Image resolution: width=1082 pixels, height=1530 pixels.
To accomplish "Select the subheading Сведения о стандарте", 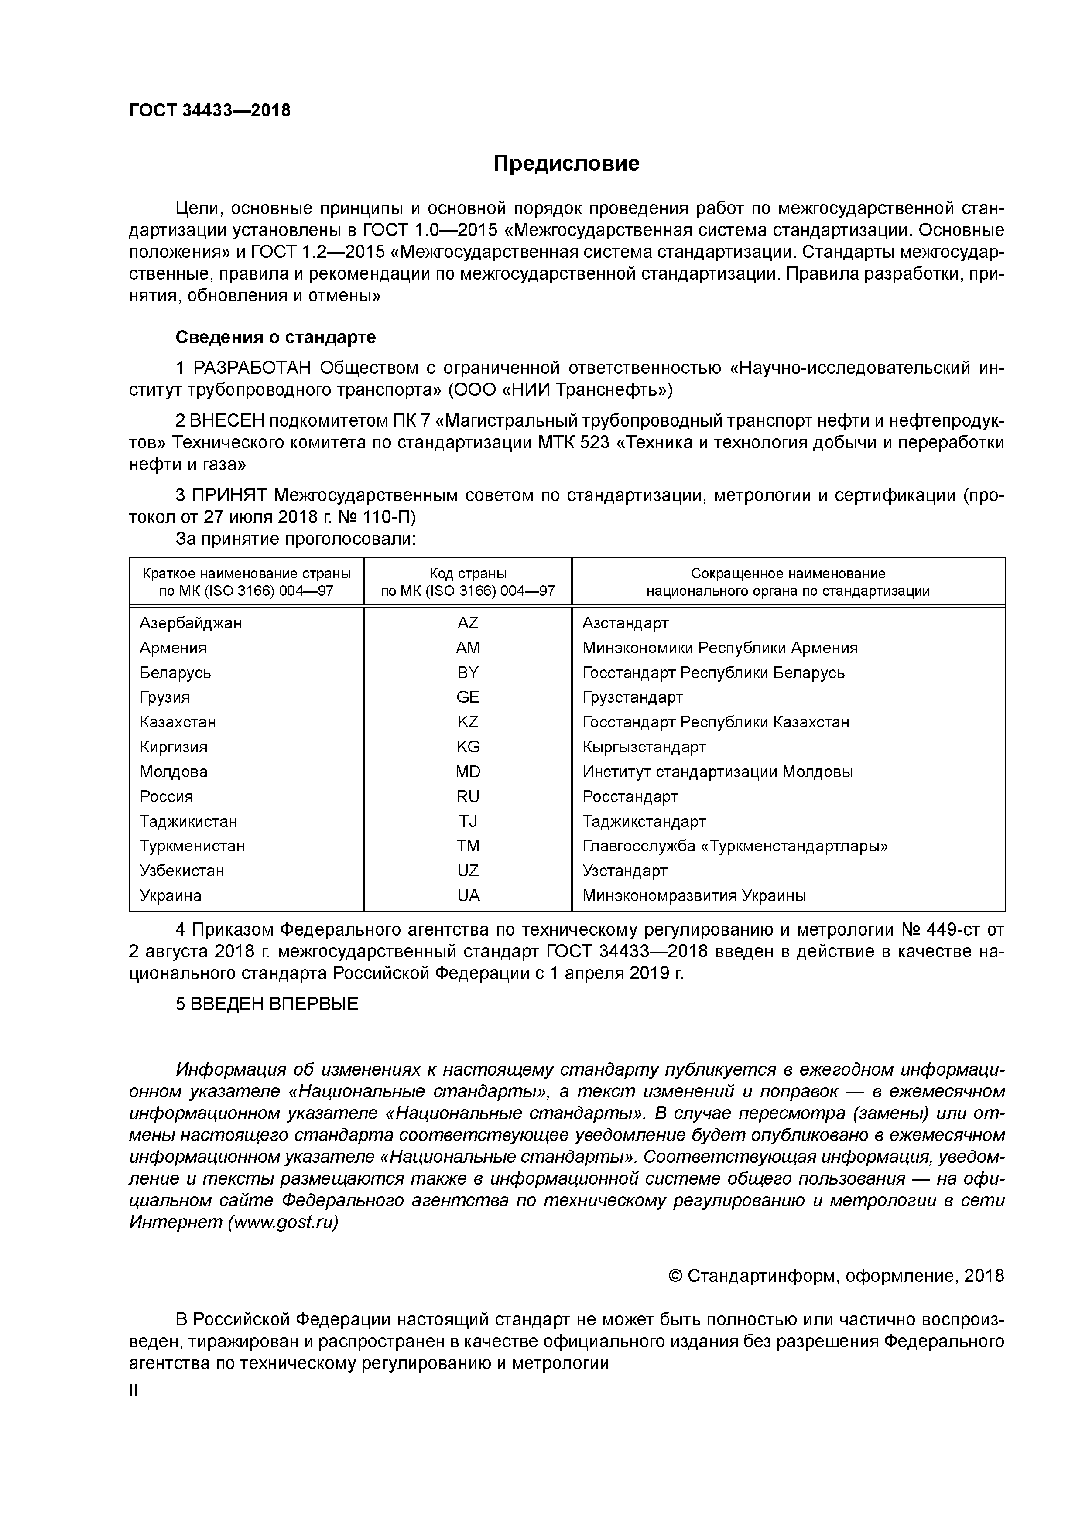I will tap(275, 337).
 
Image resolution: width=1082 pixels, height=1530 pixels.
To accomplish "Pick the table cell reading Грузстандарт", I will tap(632, 697).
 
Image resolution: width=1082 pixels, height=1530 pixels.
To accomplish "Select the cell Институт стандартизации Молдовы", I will tap(717, 772).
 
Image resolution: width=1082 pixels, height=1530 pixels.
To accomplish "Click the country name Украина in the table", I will tap(171, 895).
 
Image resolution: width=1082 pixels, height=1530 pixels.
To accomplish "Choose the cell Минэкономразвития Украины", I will tap(694, 895).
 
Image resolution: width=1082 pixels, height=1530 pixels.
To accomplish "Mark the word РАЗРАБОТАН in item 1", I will tap(253, 368).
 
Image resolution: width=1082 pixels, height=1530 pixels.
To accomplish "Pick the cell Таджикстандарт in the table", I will tap(644, 822).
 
